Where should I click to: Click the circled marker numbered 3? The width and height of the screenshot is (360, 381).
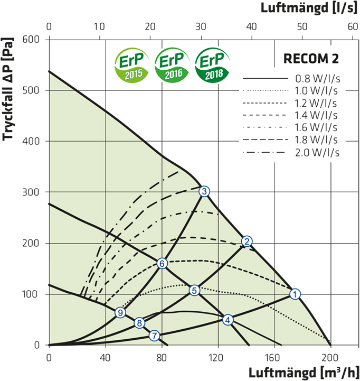[205, 191]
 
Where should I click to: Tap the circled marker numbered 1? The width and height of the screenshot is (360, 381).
[296, 294]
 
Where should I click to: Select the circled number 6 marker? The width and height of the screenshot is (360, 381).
[163, 263]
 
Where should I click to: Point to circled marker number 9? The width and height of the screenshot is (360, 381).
[121, 313]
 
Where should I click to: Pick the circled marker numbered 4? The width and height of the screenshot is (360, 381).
[228, 320]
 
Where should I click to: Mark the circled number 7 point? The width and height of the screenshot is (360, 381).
[154, 335]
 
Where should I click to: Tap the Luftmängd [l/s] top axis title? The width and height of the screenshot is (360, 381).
[310, 9]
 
